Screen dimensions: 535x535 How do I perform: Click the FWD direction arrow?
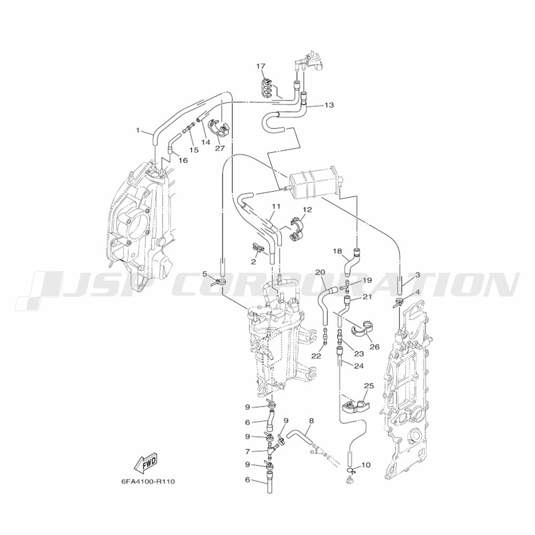[x=147, y=463]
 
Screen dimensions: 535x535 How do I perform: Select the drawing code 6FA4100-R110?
[x=148, y=481]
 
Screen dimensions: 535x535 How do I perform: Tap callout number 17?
[x=261, y=66]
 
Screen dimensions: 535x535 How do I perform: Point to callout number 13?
[x=329, y=105]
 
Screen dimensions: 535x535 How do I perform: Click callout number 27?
[x=220, y=148]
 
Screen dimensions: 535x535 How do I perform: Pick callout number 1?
[x=138, y=130]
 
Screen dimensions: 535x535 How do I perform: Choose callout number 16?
[x=183, y=160]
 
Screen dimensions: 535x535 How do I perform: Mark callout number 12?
[x=307, y=209]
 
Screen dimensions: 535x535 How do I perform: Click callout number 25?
[x=369, y=386]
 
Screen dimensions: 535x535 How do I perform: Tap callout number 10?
[x=365, y=465]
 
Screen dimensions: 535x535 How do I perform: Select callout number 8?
[x=311, y=421]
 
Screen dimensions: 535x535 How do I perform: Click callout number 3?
[x=417, y=274]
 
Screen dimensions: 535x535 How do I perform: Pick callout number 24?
[x=359, y=366]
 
